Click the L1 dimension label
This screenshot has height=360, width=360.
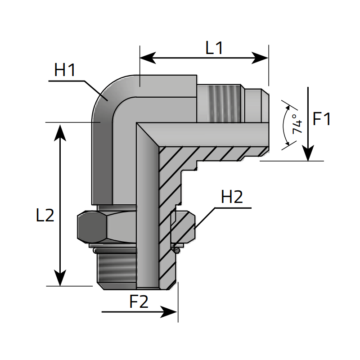point(214,48)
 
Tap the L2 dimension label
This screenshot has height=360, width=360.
point(45,216)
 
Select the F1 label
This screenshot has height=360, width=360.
point(322,119)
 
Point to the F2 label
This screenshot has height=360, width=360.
point(139,302)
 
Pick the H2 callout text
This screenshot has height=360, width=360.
point(232,197)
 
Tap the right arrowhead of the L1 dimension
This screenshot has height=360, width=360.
point(261,58)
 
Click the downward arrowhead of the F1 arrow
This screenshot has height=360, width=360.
point(308,153)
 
